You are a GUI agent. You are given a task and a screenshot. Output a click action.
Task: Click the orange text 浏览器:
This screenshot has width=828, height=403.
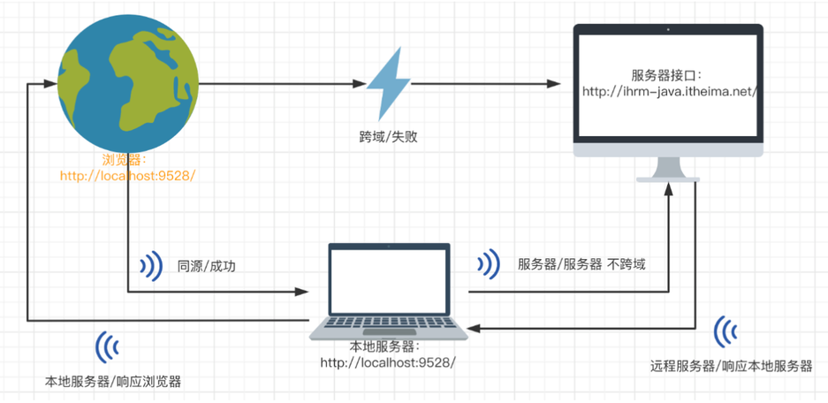pos(125,160)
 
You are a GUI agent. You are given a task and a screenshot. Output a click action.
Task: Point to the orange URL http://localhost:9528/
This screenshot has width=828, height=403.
pos(126,175)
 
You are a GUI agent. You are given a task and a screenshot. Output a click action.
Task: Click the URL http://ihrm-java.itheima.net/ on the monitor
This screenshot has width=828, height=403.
pos(671,90)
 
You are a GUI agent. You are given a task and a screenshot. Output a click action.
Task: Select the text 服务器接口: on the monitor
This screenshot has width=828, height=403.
pos(669,74)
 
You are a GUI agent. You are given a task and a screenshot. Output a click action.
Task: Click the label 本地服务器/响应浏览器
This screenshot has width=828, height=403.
pos(112,383)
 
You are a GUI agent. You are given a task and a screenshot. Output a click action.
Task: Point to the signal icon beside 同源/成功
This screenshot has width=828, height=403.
pos(152,265)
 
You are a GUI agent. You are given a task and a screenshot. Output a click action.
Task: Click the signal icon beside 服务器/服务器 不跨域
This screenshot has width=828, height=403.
pos(488,263)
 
